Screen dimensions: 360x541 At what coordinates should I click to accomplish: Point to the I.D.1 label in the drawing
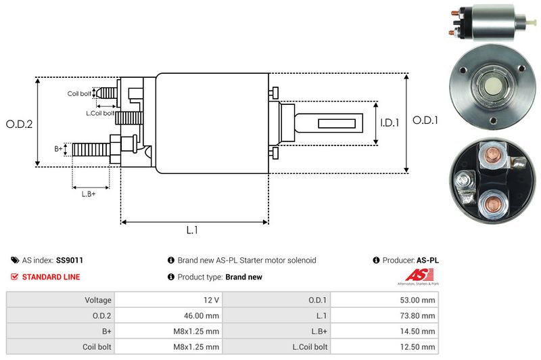point(390,123)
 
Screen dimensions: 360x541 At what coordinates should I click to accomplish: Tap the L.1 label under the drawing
point(192,230)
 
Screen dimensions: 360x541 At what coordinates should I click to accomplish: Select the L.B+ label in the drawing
point(89,194)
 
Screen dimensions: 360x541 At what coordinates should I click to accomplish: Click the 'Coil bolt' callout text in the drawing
point(78,94)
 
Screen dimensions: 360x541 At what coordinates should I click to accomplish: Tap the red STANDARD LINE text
point(51,277)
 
